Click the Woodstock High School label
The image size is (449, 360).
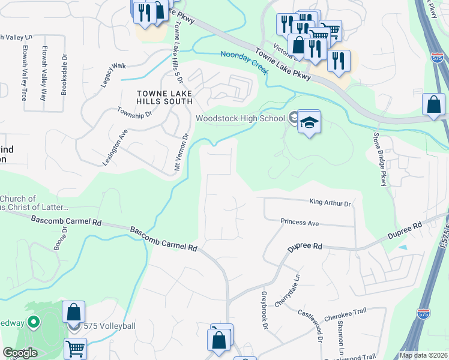(x=240, y=118)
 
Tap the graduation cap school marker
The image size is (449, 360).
(x=309, y=123)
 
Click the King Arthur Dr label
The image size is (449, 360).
(x=330, y=203)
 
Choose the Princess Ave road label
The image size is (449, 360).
(x=300, y=223)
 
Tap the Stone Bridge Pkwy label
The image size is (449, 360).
(x=379, y=159)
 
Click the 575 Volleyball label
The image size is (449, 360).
(x=110, y=326)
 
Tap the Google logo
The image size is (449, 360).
(x=20, y=353)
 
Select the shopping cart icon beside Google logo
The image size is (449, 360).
(x=75, y=348)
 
